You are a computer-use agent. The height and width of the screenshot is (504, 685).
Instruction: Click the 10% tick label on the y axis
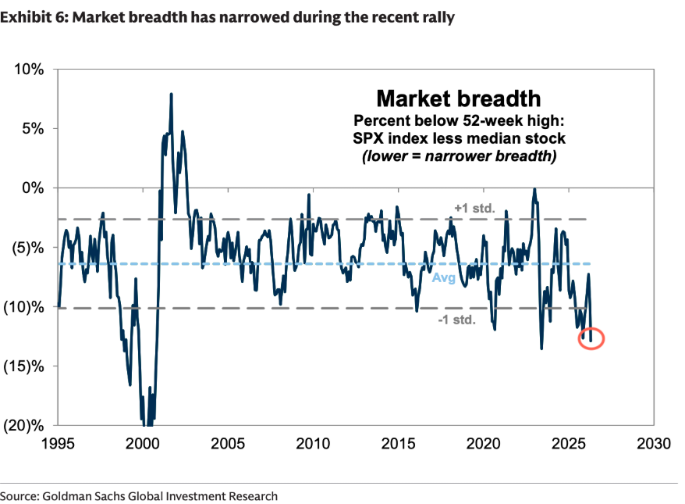click(x=29, y=70)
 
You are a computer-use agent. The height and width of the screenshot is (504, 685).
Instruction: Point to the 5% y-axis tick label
click(x=32, y=129)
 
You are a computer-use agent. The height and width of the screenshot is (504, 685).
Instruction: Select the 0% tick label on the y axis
click(x=32, y=188)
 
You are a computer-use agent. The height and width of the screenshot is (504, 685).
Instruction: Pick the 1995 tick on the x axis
click(x=59, y=444)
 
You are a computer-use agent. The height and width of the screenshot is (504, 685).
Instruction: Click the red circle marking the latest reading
click(x=591, y=338)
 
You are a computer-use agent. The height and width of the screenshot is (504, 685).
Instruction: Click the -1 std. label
click(x=456, y=320)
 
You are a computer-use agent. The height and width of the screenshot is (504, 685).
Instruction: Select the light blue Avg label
click(x=443, y=277)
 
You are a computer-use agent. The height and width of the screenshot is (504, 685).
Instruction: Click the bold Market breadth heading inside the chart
click(x=458, y=99)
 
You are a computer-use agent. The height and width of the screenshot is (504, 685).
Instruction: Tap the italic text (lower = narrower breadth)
click(x=458, y=155)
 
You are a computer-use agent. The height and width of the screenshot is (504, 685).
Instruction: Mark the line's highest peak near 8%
click(x=171, y=95)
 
